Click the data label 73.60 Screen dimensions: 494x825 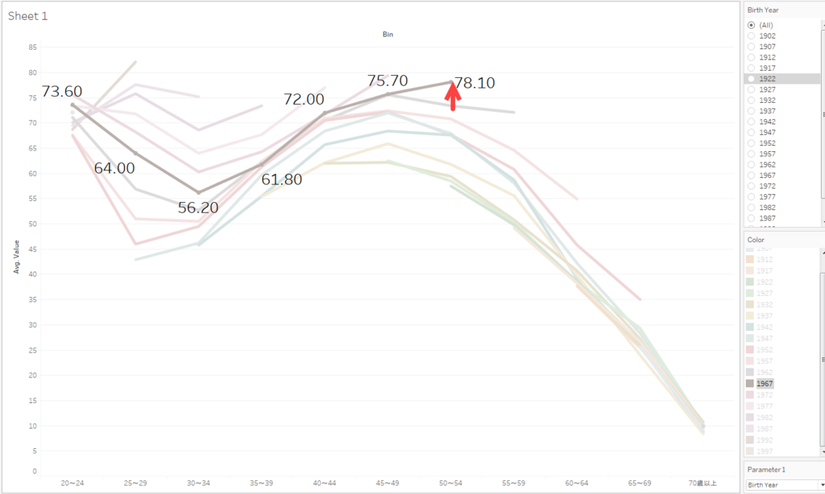point(62,92)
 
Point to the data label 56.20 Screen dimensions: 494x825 point(198,208)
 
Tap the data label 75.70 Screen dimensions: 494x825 point(388,80)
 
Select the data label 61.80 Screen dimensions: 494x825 point(281,179)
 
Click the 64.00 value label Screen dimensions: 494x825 point(114,168)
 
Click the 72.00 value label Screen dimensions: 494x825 point(304,99)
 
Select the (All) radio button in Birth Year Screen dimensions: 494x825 point(752,25)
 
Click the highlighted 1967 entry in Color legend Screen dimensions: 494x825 point(765,384)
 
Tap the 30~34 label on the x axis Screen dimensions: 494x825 point(198,483)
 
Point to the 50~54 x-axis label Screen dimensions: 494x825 point(450,483)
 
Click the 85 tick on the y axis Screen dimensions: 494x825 point(32,47)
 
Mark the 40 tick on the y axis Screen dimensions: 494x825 point(32,274)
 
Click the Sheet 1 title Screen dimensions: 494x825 point(28,15)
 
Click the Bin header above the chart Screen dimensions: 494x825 point(388,35)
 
